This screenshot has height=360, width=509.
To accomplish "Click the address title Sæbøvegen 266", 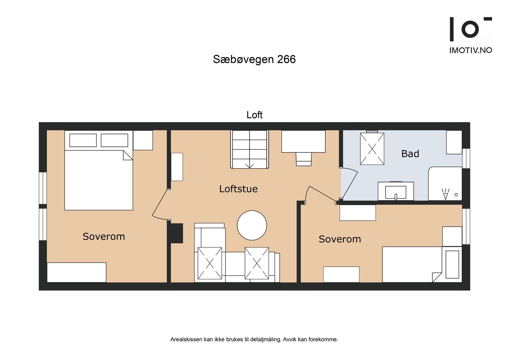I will click(254, 59).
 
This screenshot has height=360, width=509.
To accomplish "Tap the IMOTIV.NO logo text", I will click(471, 50).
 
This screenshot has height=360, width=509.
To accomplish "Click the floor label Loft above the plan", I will click(254, 115).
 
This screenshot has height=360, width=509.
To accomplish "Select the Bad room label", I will click(410, 154).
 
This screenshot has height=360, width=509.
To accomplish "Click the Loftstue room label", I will click(238, 189).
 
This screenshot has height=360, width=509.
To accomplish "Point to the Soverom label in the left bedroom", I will click(104, 237).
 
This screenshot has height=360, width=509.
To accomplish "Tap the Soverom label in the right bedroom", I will click(340, 239).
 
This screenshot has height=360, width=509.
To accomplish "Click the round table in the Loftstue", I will click(252, 225).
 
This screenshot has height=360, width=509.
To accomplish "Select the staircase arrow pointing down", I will click(249, 165).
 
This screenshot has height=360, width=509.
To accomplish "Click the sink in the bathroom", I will click(395, 192).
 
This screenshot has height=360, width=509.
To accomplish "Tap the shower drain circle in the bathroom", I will click(456, 195).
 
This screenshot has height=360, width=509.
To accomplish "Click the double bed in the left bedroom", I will click(99, 180).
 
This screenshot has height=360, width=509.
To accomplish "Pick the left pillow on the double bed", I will click(83, 140).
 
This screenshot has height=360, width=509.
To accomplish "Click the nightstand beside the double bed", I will click(143, 140).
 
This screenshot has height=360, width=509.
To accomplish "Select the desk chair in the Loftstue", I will click(303, 159).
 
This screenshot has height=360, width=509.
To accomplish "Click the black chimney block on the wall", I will click(177, 233).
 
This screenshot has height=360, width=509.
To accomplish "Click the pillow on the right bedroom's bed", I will click(452, 264).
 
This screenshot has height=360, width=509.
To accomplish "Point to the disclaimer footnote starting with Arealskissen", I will click(254, 339).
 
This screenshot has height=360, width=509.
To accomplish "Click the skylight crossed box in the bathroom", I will click(372, 149).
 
